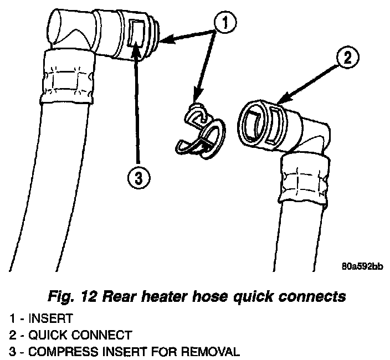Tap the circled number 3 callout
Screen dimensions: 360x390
pyautogui.click(x=137, y=178)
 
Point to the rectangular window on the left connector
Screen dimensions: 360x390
pyautogui.click(x=136, y=33)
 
